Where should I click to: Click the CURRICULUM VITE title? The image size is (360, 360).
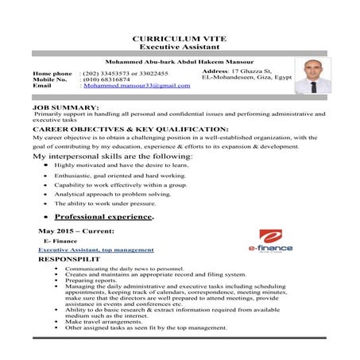coord(179,37)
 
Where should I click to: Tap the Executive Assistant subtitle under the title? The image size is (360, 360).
coord(179,47)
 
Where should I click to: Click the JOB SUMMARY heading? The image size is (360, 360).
coord(66,107)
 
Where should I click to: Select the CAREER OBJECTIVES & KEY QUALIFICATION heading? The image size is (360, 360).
coord(130,128)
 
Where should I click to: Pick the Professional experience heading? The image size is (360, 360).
coord(103,215)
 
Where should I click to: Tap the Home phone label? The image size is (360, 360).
coord(54,73)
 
